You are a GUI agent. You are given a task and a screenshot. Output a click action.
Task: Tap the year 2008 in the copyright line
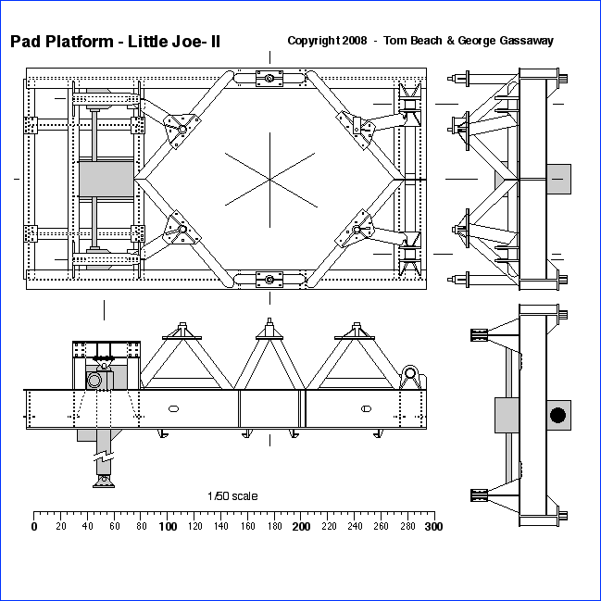(353, 41)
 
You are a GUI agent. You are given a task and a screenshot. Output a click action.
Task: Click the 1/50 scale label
(232, 496)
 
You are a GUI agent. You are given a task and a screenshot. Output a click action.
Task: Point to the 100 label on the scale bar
(168, 527)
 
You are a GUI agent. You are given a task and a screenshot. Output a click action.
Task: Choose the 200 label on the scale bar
(301, 527)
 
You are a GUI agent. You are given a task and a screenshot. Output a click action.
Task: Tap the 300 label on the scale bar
(433, 527)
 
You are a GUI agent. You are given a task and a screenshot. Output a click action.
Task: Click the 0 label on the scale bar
(34, 527)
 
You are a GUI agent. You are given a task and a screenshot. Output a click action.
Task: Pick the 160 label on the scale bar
(248, 527)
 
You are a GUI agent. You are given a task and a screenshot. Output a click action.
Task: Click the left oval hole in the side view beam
(173, 408)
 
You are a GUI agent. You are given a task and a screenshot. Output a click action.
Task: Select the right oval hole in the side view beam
(366, 408)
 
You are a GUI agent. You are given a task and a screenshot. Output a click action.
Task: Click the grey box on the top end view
(558, 179)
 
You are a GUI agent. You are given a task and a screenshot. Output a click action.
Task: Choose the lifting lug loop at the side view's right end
(410, 376)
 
